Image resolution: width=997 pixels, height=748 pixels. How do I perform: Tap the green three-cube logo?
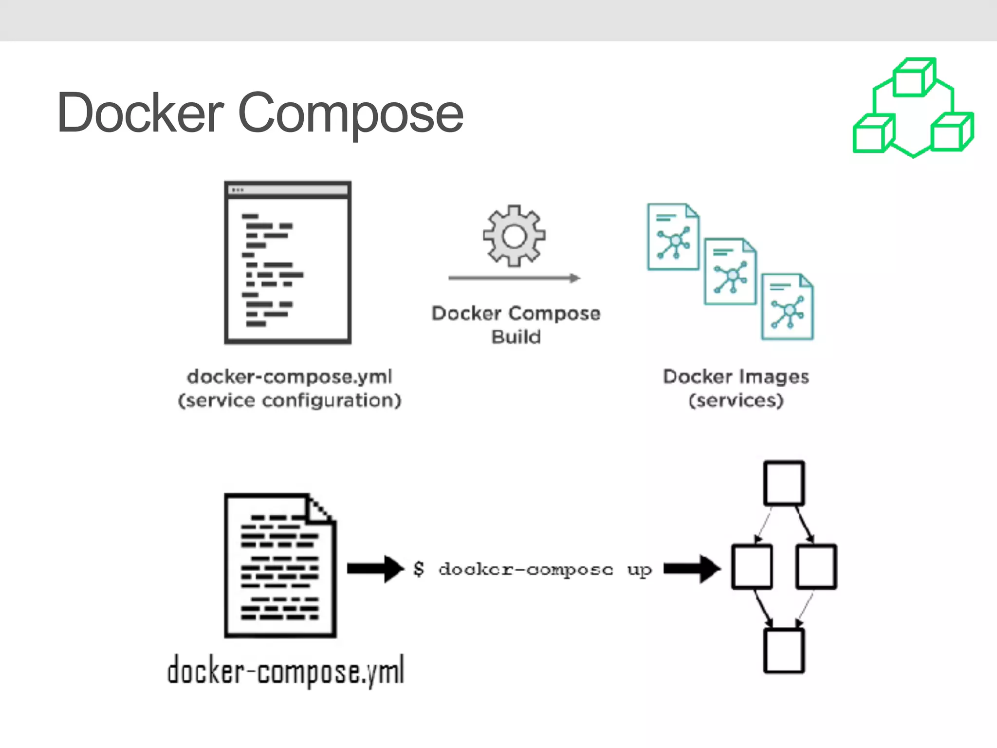point(913,108)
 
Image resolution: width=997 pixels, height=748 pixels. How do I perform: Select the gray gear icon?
point(514,236)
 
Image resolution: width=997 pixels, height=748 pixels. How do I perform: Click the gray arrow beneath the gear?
point(514,278)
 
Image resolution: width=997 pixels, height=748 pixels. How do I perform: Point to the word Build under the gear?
point(516,337)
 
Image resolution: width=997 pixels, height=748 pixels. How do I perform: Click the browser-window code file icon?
point(288,262)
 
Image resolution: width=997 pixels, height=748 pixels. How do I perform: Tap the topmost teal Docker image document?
point(673,237)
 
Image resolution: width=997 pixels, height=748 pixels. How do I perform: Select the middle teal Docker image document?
point(730,272)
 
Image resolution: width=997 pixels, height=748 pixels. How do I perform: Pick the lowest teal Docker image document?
point(787,307)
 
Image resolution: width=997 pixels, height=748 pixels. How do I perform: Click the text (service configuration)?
point(290,400)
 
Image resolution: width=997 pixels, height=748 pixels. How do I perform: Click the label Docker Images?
point(736,376)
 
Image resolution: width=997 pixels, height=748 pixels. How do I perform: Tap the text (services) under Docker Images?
point(736,400)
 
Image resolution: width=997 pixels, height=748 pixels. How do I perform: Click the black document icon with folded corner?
point(280,565)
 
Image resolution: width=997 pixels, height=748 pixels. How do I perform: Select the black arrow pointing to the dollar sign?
point(375,568)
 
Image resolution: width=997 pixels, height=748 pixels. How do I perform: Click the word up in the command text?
point(639,569)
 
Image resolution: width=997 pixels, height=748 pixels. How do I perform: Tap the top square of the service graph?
point(784,483)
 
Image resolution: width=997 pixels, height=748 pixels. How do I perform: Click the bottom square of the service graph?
point(784,651)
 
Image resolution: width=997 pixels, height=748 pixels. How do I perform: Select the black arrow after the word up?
point(692,568)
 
